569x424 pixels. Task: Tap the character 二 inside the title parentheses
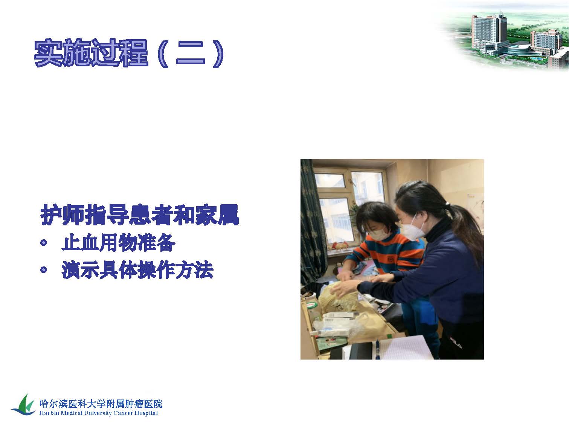190,54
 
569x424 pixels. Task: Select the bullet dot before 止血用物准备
44,242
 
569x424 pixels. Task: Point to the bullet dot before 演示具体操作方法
44,269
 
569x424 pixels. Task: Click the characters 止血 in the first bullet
80,242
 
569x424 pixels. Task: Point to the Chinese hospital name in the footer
101,404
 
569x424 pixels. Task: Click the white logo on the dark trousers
456,343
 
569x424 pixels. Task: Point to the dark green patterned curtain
311,221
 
